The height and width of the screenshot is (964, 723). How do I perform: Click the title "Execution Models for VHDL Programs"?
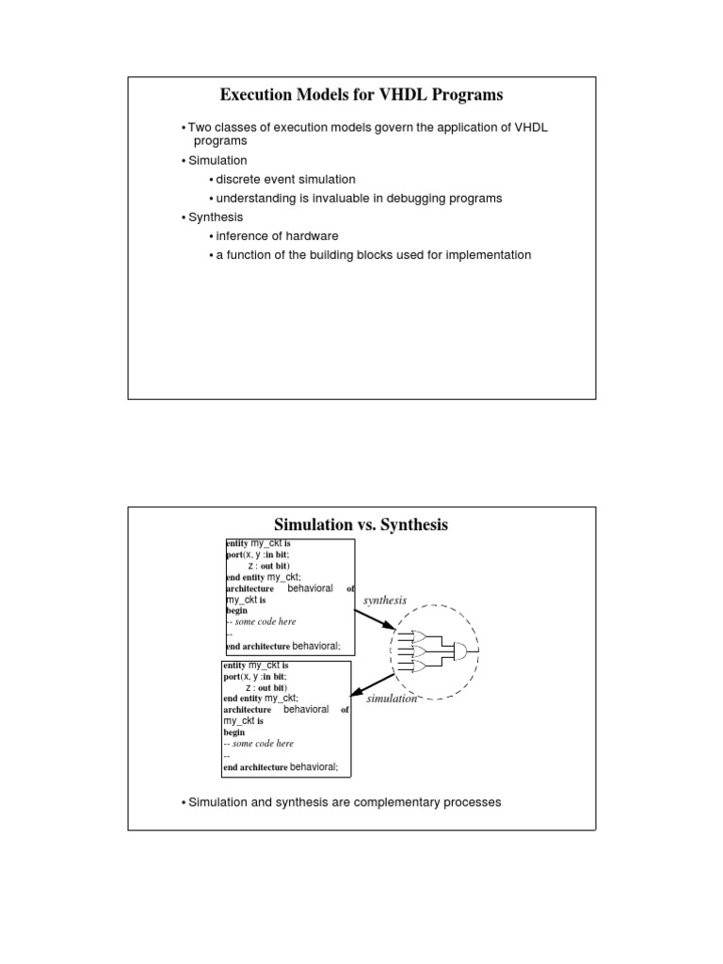361,94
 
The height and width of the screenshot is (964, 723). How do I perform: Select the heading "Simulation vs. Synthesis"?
361,524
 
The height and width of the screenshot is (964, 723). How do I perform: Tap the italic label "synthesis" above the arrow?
384,600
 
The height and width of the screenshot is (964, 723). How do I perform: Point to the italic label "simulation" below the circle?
391,699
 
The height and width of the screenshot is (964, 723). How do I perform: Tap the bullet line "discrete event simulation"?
285,179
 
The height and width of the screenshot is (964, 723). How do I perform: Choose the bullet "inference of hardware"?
277,235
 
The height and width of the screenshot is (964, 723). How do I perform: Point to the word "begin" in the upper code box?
235,610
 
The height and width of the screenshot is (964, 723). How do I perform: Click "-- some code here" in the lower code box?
259,744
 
